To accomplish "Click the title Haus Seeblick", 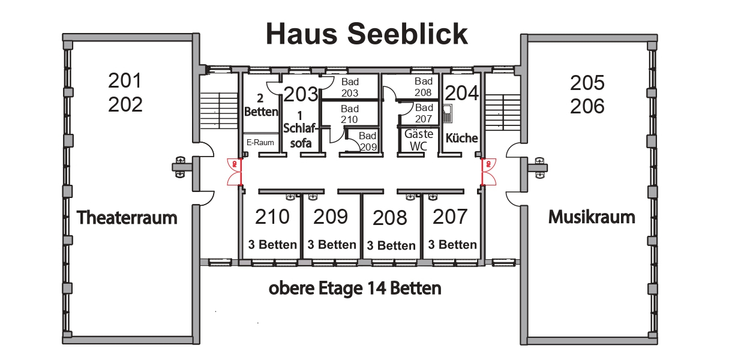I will pos(367,34).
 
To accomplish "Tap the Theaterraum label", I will pos(127,217).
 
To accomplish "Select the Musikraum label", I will pos(592,217).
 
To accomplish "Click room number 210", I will pos(272,217).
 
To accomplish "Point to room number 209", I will pos(331,217).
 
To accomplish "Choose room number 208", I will pos(390,218).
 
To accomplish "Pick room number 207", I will pos(450,217).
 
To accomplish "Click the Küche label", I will pos(462,138).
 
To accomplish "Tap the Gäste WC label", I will pos(419,139).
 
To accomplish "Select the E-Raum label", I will pos(260,143).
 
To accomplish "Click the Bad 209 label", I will pos(368,141).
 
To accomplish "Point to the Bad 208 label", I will pos(424,87).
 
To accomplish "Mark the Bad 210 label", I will pos(350,114).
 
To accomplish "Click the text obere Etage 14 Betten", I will pos(355,289).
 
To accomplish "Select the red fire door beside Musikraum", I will pos(488,172).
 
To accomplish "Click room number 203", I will pos(301,94).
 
